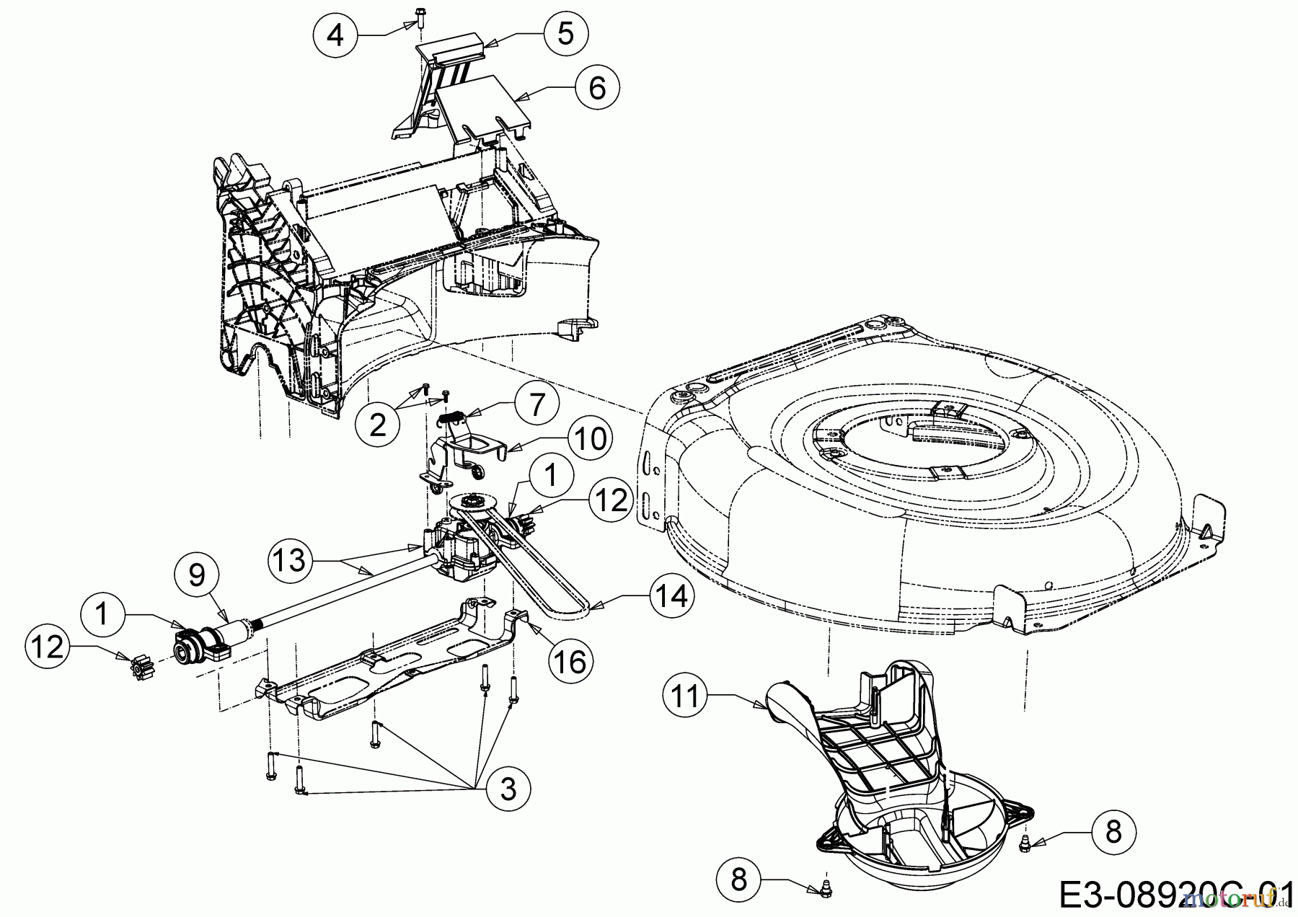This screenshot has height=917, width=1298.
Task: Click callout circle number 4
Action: point(336,33)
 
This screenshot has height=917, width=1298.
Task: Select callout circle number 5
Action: point(566,33)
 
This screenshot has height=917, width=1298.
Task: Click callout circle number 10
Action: point(590,438)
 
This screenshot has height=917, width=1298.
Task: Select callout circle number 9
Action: point(197,574)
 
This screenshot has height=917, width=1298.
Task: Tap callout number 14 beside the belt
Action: point(672,596)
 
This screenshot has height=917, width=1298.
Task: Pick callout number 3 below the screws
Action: point(508,789)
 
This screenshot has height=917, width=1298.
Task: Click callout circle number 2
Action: point(378,425)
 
